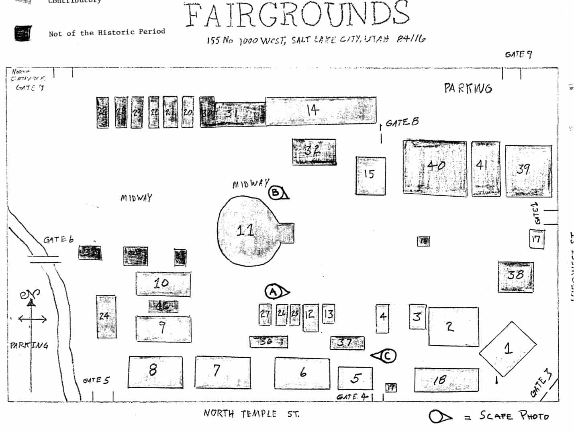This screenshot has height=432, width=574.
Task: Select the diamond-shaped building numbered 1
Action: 508,348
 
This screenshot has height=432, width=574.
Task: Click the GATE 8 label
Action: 402,122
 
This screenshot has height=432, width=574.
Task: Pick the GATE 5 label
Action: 96,380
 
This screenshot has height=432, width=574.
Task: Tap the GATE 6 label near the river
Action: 59,240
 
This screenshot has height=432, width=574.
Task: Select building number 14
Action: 321,110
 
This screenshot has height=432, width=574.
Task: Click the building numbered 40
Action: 435,168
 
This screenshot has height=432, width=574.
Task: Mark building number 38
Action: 516,276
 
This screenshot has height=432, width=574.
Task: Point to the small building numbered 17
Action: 536,239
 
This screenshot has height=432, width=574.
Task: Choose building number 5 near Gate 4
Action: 355,378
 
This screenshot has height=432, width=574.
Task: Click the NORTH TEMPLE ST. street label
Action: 251,414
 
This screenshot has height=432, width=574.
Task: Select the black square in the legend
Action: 23,33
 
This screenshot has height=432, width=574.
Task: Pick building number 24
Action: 106,316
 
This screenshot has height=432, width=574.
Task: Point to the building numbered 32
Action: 314,152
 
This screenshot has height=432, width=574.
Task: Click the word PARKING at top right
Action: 468,88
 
